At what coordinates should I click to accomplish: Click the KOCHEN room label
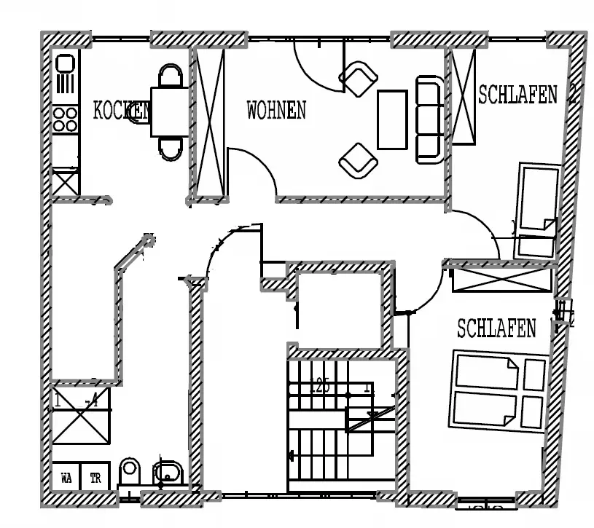coord(121,110)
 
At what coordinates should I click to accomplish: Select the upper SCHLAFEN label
coord(517,94)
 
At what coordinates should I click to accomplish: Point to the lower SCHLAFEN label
coord(496,328)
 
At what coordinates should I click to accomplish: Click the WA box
coord(66,478)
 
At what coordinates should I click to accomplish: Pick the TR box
coord(95,478)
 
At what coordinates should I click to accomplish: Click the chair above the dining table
coord(172,76)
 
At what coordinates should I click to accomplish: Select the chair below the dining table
coord(172,148)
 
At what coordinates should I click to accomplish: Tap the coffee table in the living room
coord(392,119)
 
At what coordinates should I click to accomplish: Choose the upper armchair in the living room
coord(359,78)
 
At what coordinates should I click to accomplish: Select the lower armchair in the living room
coord(359,160)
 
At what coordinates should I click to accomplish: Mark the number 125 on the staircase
coord(319,386)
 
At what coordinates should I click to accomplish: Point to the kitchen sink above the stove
coord(65,74)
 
